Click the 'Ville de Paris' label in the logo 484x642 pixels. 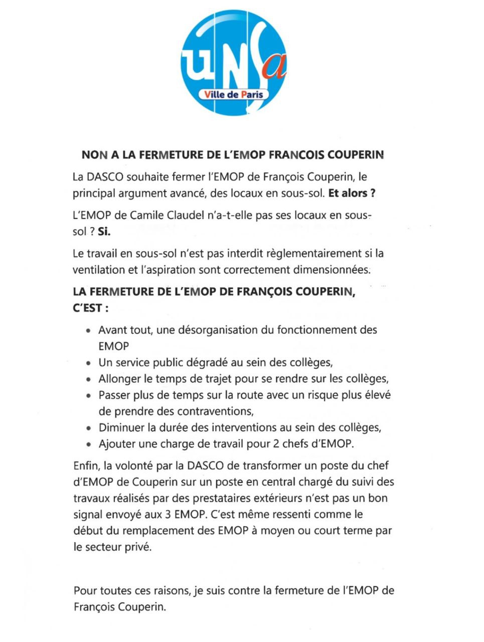click(x=233, y=94)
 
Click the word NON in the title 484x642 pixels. click(x=93, y=155)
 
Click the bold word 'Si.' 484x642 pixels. click(x=104, y=232)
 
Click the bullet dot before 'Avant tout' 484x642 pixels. click(x=88, y=331)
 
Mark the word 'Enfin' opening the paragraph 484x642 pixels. click(x=86, y=466)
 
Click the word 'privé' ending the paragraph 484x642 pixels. click(x=137, y=547)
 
